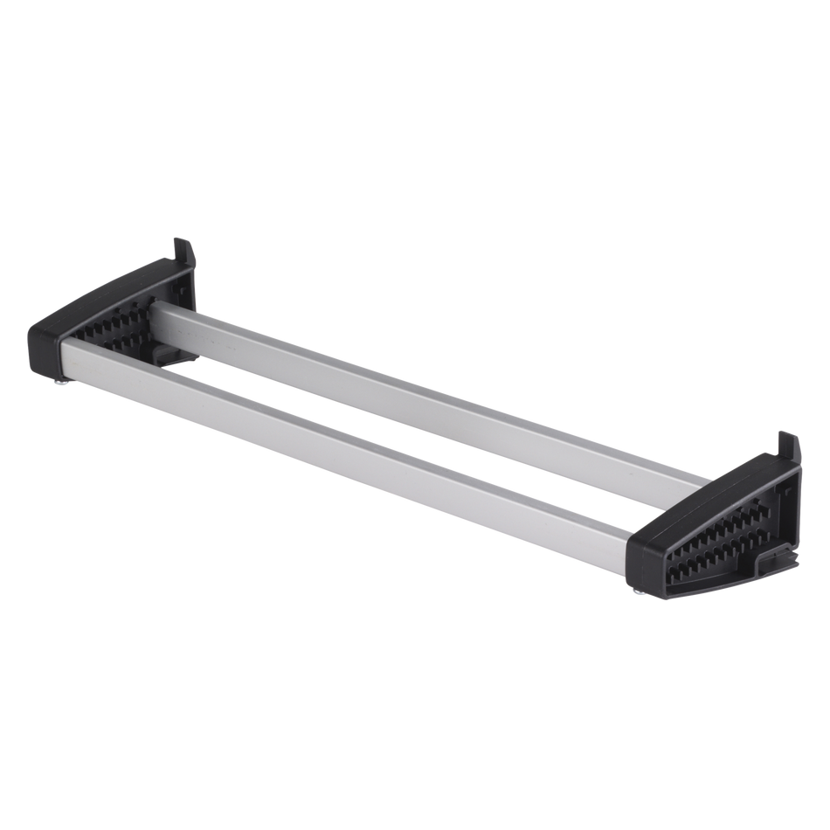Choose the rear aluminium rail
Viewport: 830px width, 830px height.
(419, 384)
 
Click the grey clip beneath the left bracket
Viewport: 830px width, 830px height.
(171, 353)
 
